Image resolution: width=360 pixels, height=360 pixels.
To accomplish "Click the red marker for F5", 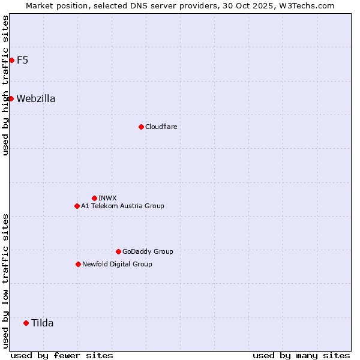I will [x=11, y=60].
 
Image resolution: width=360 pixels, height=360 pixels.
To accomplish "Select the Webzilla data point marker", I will [x=11, y=98].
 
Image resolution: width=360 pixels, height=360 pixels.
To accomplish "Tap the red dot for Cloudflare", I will [x=141, y=127].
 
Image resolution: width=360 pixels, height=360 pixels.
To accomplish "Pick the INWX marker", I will [x=94, y=198].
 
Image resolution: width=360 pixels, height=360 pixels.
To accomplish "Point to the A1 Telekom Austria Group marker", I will [x=77, y=206].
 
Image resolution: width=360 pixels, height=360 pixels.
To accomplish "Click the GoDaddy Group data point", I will [x=118, y=251].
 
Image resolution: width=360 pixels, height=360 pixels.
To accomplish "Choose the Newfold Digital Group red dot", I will [x=78, y=264].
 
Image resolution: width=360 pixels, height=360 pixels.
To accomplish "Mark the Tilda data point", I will [x=26, y=323].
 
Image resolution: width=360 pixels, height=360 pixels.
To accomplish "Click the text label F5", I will [x=22, y=60].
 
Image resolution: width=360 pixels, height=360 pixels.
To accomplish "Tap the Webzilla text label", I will [x=36, y=98].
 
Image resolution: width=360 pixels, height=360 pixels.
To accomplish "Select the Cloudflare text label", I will [x=161, y=127].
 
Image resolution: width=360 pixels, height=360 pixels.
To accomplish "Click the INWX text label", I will [x=107, y=198].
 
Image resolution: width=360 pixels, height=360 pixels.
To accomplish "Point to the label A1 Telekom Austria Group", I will [x=122, y=206].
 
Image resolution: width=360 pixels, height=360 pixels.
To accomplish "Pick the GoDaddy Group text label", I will [x=148, y=251].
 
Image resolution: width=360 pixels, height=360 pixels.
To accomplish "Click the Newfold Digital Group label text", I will [x=117, y=264].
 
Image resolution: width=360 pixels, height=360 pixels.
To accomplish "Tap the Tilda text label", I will [x=43, y=323].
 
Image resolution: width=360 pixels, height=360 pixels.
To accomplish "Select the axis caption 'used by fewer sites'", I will [x=62, y=355].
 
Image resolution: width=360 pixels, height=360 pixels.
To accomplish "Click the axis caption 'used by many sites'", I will [x=301, y=355].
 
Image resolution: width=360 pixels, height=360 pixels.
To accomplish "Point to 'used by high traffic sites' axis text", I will [x=5, y=85].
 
